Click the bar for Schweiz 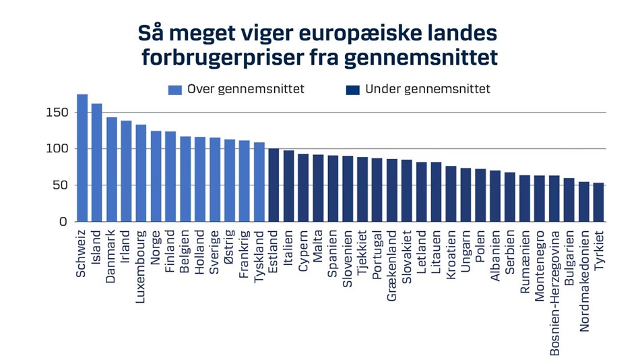82,158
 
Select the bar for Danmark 112,169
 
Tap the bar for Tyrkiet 598,202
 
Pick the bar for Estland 274,185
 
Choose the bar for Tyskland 259,182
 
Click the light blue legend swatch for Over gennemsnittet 175,90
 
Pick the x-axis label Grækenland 392,265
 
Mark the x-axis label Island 97,249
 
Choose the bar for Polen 480,195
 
